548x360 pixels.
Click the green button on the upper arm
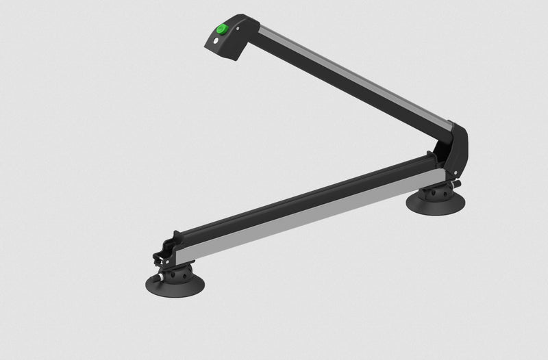(223, 29)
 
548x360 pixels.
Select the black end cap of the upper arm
(229, 41)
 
